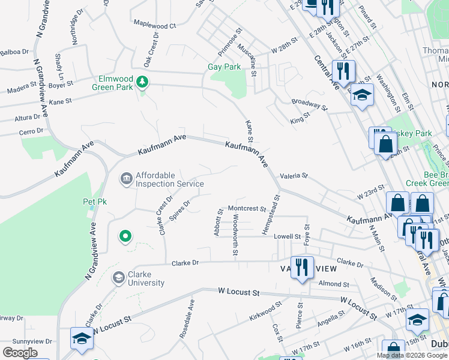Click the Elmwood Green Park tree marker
[x=142, y=81]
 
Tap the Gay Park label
[x=224, y=67]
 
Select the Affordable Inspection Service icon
[x=126, y=178]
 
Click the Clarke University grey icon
[x=118, y=277]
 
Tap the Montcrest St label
[x=247, y=209]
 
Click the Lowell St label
[x=286, y=236]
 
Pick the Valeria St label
[x=293, y=176]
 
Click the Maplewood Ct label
[x=154, y=26]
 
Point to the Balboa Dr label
[x=14, y=52]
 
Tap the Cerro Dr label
[x=31, y=131]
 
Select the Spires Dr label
[x=179, y=211]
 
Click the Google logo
[x=20, y=353]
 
